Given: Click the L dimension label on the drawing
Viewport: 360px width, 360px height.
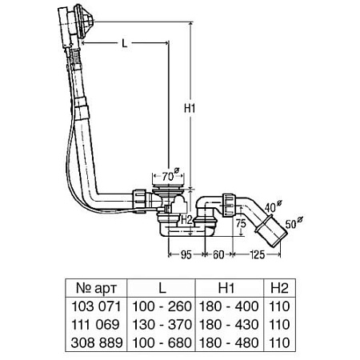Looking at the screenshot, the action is pos(125,43).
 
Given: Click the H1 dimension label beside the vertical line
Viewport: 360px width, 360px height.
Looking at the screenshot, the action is pos(190,109).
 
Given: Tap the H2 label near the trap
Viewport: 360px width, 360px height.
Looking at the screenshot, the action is pos(186,220).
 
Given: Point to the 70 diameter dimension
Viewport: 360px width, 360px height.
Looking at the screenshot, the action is pos(170,175).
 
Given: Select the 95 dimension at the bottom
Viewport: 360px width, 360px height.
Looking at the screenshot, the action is pos(186,254).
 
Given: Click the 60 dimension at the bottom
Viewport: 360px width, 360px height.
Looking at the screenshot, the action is pos(218,254).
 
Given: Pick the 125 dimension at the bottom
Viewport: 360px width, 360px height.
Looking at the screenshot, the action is pos(258,254).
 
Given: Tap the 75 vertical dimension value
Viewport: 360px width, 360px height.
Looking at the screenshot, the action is pos(241,223).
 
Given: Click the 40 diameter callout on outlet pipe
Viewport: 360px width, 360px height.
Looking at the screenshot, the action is pos(274,206).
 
